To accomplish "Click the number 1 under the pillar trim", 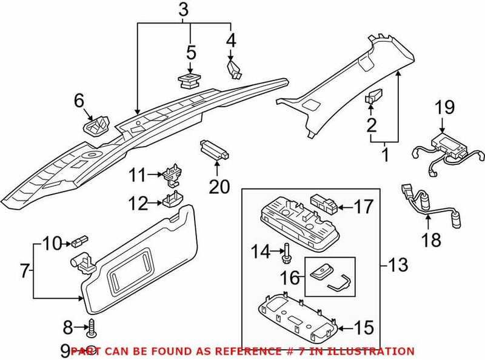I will point(383,156).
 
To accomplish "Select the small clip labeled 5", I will point(190,81).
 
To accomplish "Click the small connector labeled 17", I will point(324,202).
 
